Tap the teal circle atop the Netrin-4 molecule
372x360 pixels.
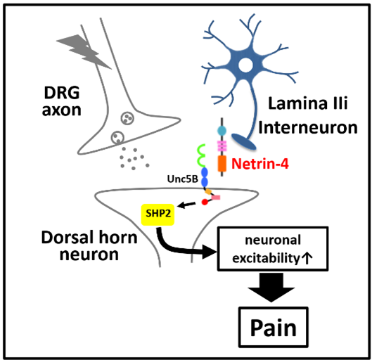223,131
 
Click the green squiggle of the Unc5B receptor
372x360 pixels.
203,153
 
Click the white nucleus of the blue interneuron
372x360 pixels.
246,66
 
